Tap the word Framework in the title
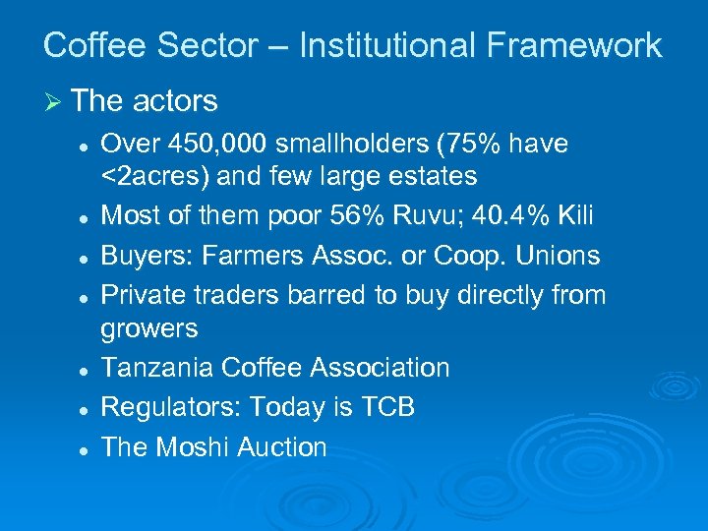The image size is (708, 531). tap(579, 45)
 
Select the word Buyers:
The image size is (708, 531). tap(146, 256)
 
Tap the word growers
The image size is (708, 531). tap(149, 328)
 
